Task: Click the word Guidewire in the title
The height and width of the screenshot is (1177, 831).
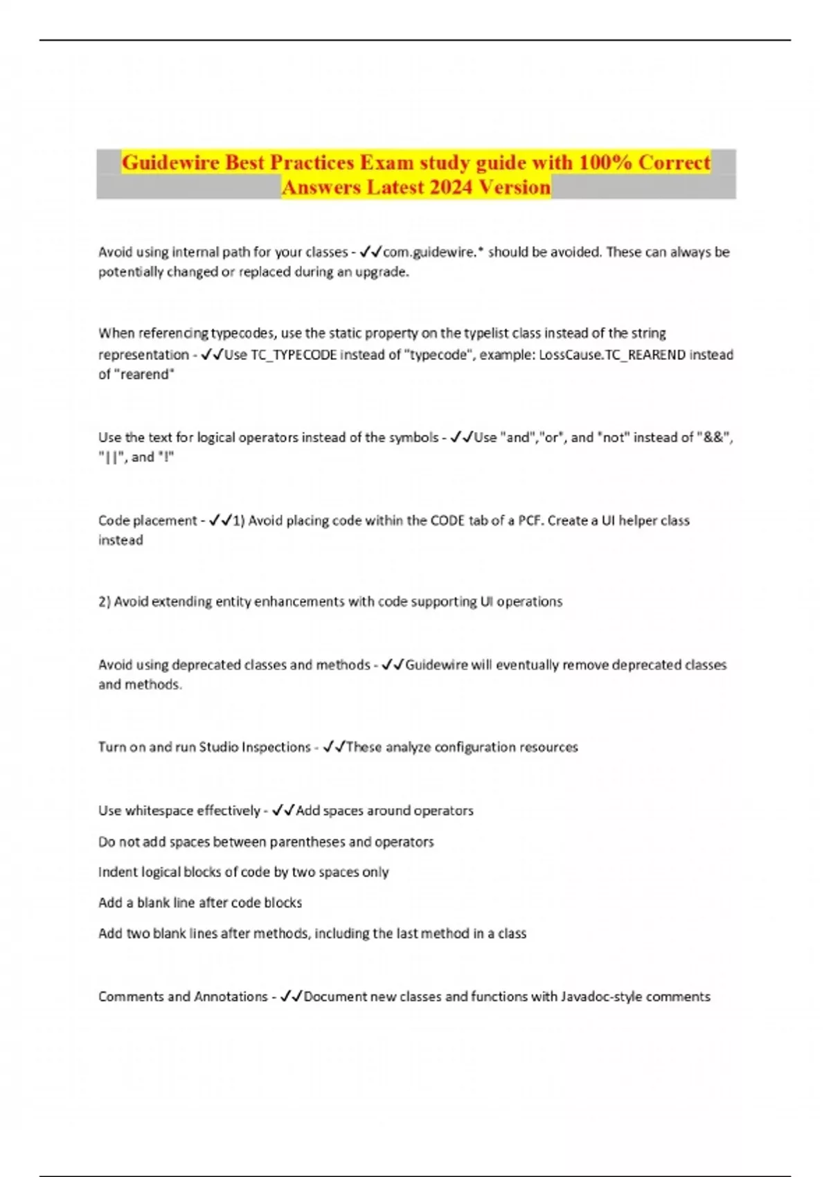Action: [170, 162]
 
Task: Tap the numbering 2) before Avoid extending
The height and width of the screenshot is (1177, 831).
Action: [105, 602]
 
